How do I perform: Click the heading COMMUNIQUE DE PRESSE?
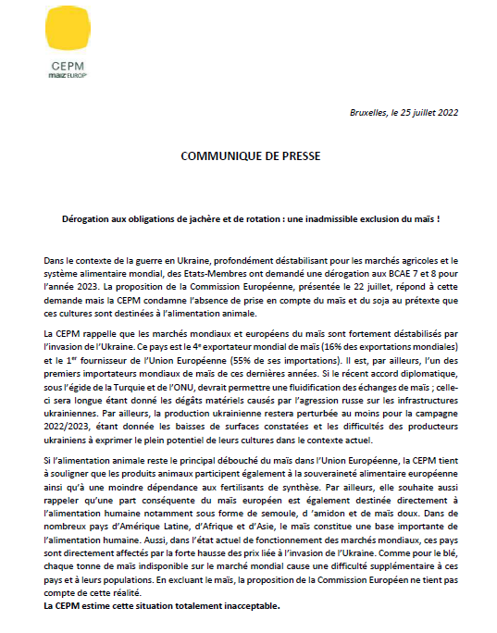250,155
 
